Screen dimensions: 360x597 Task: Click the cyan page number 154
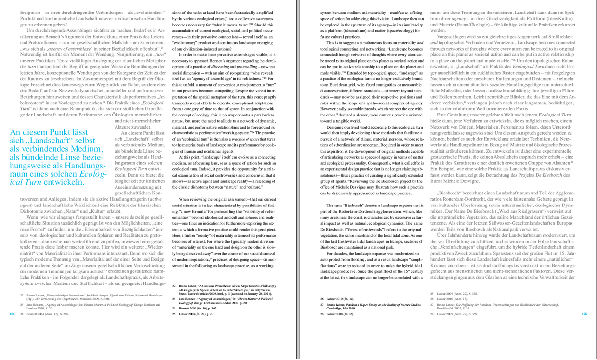pyautogui.click(x=13, y=314)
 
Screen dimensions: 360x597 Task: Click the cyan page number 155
pyautogui.click(x=584, y=314)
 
